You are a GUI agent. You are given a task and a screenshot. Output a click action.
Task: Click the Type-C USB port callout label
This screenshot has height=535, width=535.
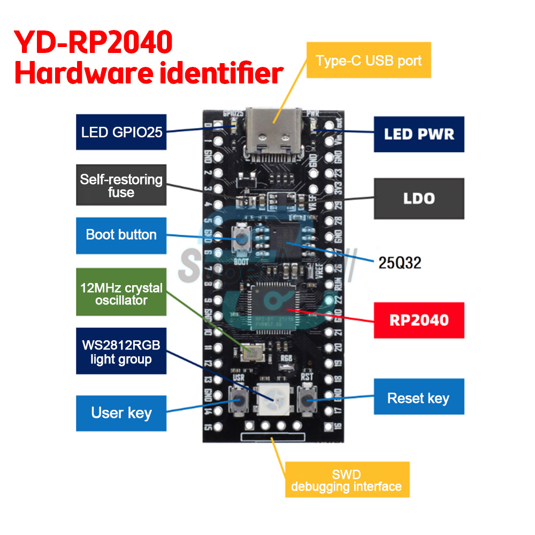point(369,60)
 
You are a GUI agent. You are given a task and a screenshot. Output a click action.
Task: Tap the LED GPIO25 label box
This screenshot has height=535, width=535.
point(121,132)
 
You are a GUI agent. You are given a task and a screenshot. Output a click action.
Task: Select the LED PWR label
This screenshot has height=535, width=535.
point(419,134)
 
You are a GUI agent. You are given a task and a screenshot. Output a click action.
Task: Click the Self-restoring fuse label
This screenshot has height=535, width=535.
point(121,186)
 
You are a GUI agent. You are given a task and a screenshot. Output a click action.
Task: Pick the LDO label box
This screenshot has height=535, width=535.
point(419,198)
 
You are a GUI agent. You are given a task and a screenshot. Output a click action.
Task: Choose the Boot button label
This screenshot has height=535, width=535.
point(121,235)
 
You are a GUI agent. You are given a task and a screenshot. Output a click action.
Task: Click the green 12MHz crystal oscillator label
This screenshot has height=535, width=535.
point(121,294)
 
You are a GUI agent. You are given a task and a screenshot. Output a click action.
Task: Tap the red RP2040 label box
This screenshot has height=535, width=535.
point(419,320)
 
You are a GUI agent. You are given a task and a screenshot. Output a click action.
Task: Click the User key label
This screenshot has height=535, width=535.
point(121,413)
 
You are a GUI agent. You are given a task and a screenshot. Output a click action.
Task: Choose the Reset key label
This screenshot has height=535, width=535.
point(418,398)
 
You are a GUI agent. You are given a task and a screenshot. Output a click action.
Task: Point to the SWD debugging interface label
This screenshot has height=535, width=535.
point(347,480)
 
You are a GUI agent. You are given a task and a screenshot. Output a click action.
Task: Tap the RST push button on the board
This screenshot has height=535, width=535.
point(308,398)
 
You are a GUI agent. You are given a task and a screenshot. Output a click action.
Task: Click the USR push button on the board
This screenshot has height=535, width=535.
point(238,399)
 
